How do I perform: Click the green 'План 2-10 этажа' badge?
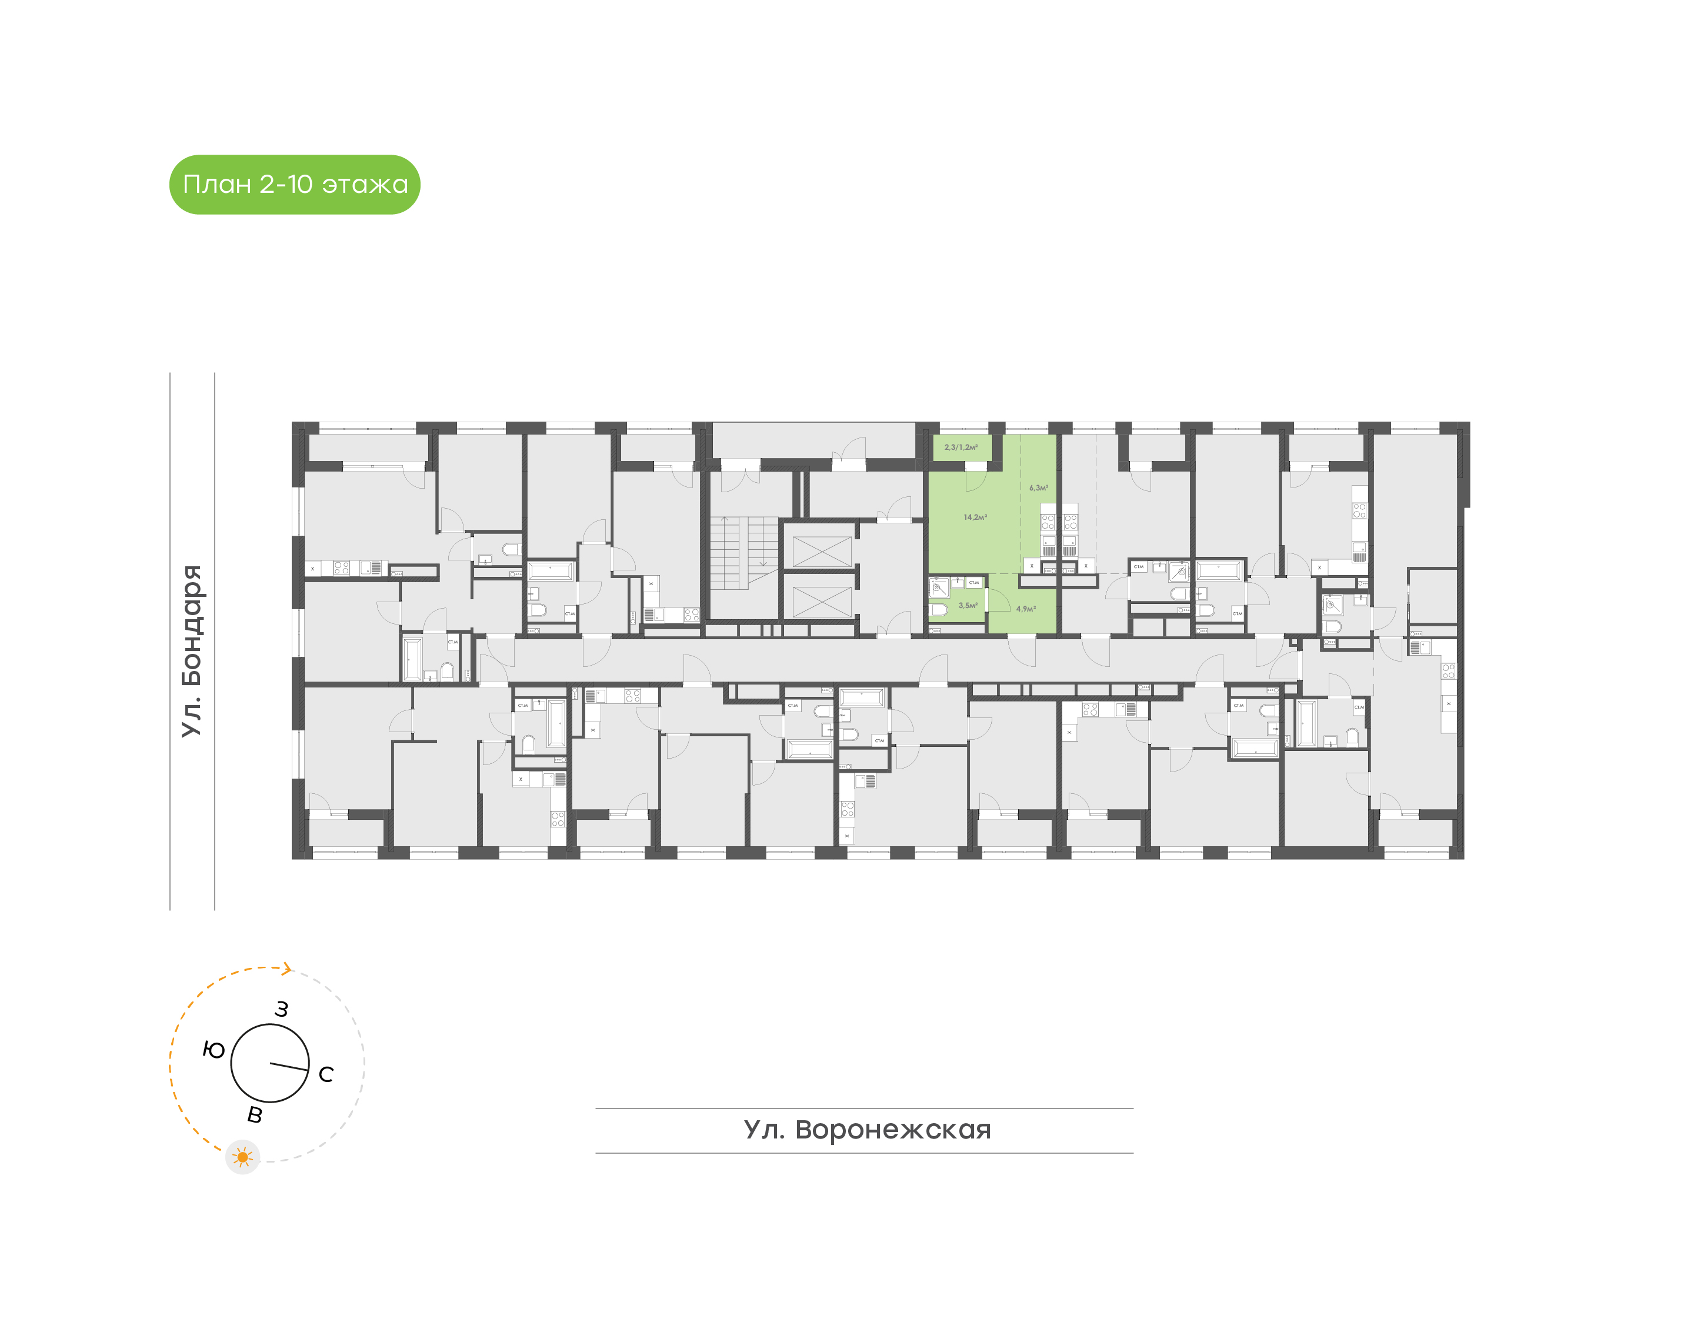(x=294, y=185)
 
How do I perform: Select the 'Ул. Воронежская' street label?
(x=867, y=1130)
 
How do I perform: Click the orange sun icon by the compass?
(x=243, y=1157)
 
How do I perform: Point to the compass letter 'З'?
(x=282, y=1009)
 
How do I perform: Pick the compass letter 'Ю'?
(x=213, y=1050)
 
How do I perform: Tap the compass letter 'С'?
(x=326, y=1074)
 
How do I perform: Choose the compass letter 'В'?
(x=255, y=1115)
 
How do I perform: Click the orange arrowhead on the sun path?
(x=287, y=969)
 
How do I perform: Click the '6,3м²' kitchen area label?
(x=1039, y=488)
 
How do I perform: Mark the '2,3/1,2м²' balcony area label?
(x=961, y=448)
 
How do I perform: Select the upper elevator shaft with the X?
(x=821, y=551)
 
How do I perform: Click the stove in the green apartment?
(x=1048, y=522)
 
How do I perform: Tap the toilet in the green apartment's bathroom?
(x=939, y=609)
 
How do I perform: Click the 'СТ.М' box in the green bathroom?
(x=974, y=582)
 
